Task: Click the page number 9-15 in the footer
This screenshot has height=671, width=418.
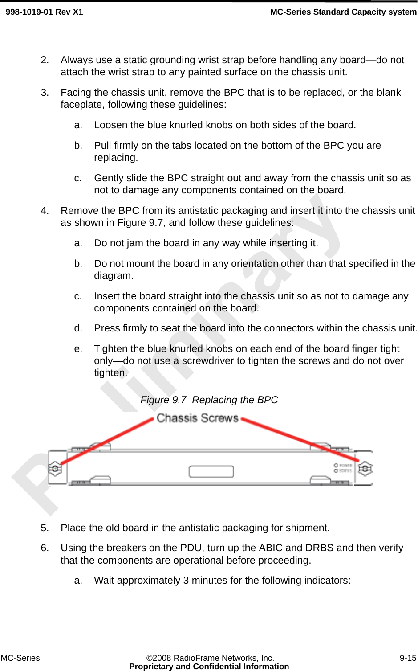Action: pyautogui.click(x=408, y=658)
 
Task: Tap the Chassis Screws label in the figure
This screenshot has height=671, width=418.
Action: pyautogui.click(x=197, y=418)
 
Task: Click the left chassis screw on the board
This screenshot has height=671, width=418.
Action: pyautogui.click(x=54, y=468)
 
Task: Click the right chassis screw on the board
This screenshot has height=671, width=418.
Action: pyautogui.click(x=365, y=468)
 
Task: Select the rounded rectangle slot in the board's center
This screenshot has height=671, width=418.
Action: pyautogui.click(x=211, y=471)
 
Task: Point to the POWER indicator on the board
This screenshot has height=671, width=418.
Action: pyautogui.click(x=343, y=465)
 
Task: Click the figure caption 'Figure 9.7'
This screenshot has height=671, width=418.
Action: pyautogui.click(x=163, y=400)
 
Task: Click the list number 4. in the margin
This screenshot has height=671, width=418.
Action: pyautogui.click(x=45, y=211)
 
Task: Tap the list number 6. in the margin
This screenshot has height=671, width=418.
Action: pyautogui.click(x=45, y=548)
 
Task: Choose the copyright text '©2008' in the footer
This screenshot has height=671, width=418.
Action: pyautogui.click(x=158, y=658)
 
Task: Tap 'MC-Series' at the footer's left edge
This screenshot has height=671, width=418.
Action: pyautogui.click(x=20, y=658)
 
